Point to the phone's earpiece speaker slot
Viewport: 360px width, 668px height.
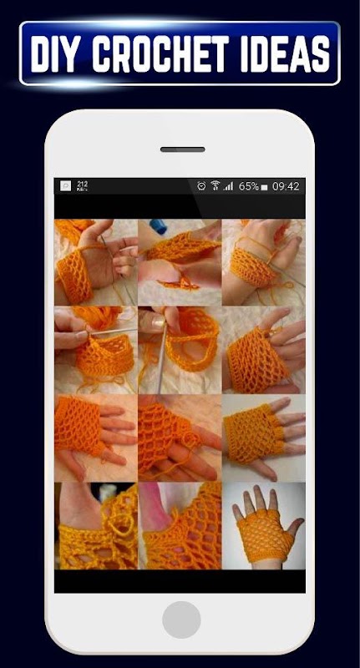(x=182, y=149)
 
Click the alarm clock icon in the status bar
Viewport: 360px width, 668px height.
(x=201, y=185)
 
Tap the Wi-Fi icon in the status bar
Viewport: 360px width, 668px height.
(x=215, y=185)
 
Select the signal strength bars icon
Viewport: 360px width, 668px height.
(x=229, y=186)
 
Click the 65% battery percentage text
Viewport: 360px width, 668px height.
(x=248, y=186)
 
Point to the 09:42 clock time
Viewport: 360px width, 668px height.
(x=286, y=186)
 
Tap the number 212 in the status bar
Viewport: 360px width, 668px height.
(x=82, y=184)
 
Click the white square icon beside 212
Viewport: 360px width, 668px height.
(x=66, y=185)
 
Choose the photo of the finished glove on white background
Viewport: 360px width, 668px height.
(x=264, y=526)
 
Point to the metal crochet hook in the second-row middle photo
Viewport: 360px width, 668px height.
(x=162, y=357)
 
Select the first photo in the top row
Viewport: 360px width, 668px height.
(x=96, y=262)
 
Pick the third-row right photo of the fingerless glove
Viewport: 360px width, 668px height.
(x=264, y=438)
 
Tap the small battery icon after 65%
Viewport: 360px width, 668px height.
(x=264, y=187)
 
